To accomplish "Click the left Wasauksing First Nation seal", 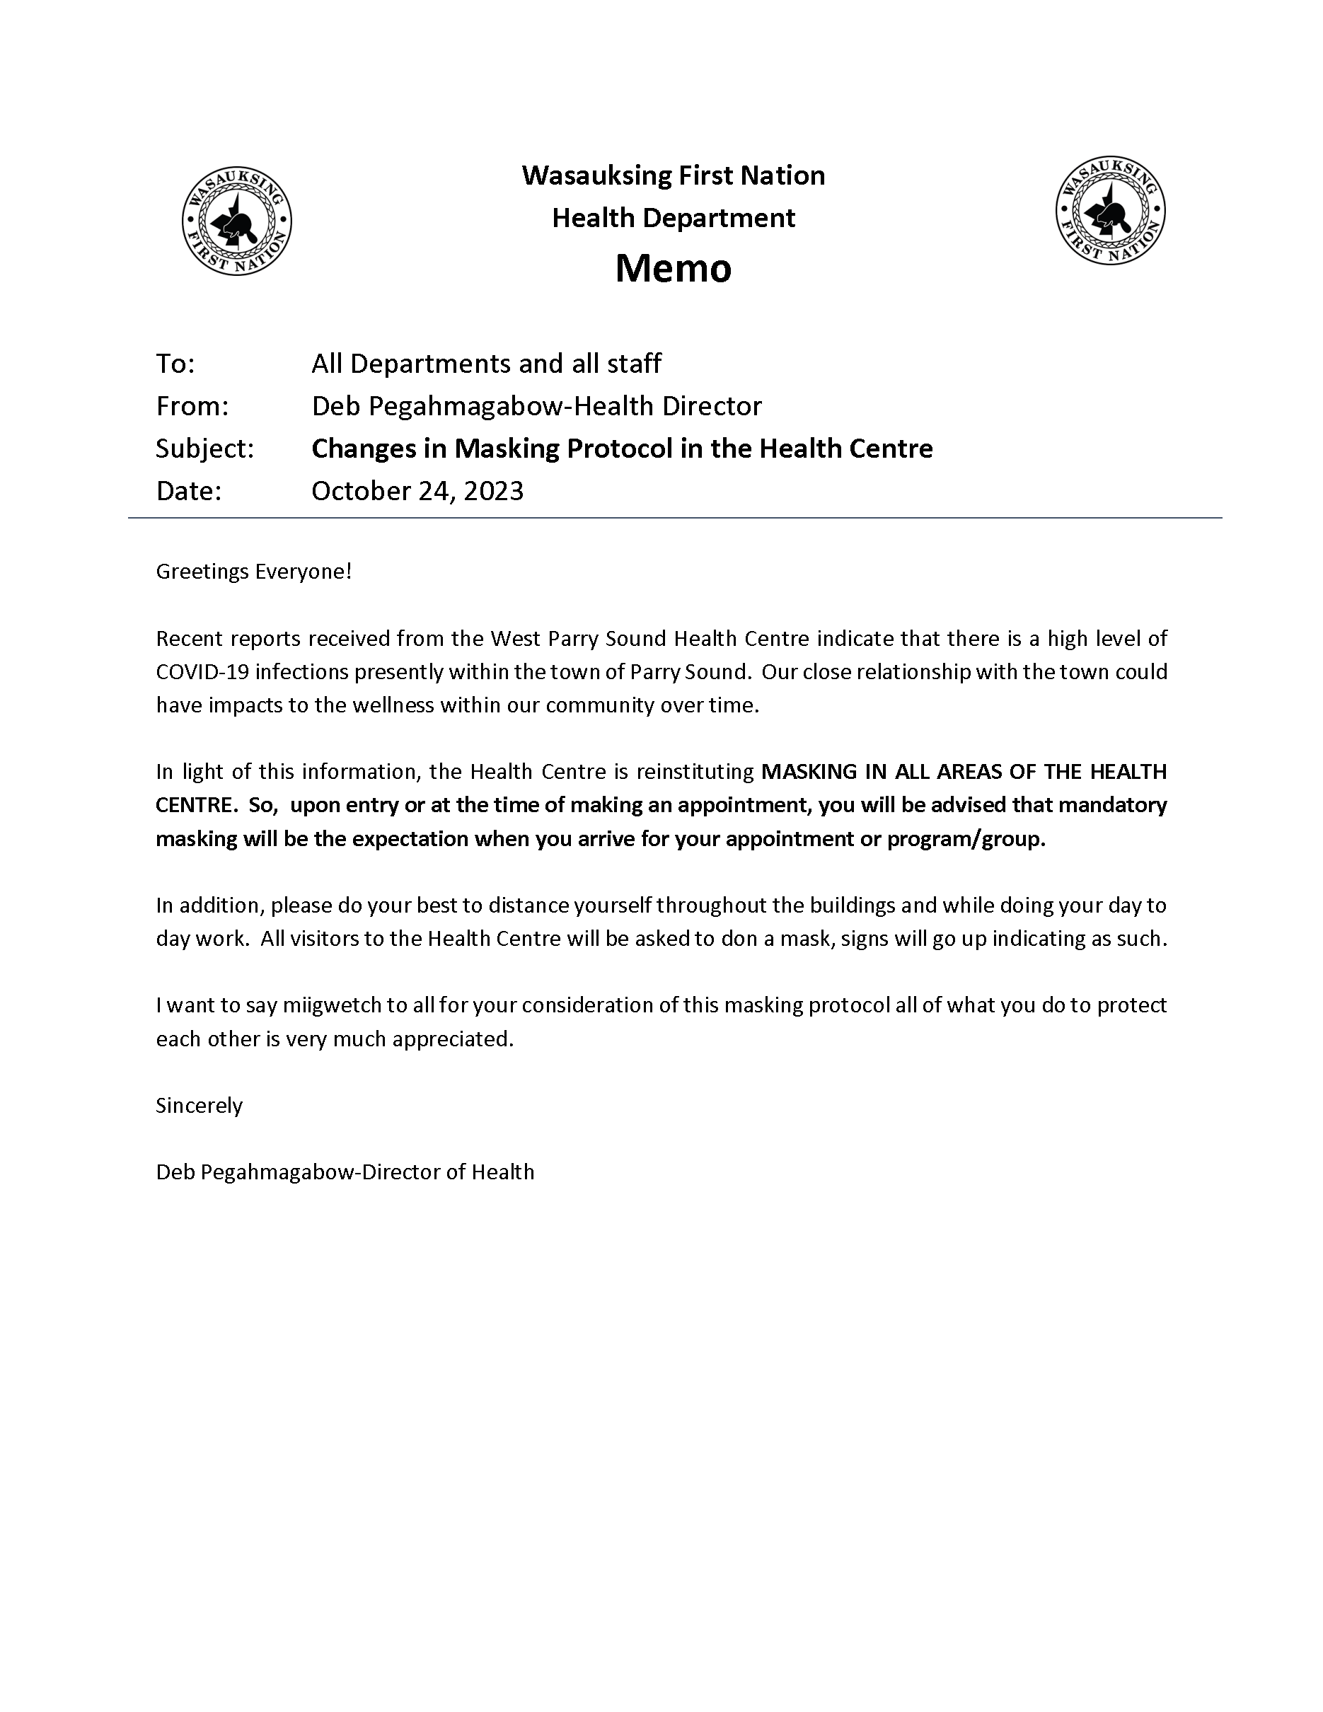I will [x=237, y=221].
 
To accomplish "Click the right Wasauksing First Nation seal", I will [x=1110, y=210].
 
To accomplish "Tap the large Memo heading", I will [x=674, y=268].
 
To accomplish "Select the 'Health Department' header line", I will [x=674, y=218].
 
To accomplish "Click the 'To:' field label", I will [x=175, y=364].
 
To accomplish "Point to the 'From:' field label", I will [x=192, y=406].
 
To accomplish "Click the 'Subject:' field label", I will [x=204, y=449].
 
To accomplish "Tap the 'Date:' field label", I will [x=189, y=491].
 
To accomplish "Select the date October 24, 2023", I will [x=417, y=491].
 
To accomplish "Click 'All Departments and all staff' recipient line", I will [x=486, y=364].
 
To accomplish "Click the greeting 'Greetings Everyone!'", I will [x=254, y=572].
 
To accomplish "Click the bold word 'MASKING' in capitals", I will [x=809, y=772].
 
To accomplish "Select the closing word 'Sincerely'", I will [x=199, y=1106].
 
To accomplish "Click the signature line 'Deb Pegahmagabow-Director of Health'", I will [x=345, y=1173].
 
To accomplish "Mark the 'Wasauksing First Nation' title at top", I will [x=674, y=175].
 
